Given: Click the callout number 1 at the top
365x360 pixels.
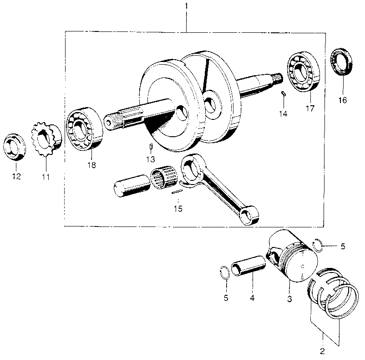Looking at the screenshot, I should coord(186,8).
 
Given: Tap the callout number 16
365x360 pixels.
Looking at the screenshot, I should coord(342,99).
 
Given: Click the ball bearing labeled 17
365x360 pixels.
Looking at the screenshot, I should coord(303,72).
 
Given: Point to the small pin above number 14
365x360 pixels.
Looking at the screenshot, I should coord(283,94).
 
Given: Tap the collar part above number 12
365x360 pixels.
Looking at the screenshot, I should coord(15,148).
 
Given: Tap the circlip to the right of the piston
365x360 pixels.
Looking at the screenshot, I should coord(320,246).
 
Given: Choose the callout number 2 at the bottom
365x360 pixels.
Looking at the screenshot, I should coord(322,351).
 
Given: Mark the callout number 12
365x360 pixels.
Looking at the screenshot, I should coord(16,176).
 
